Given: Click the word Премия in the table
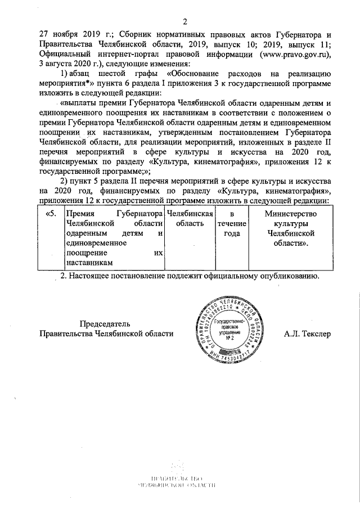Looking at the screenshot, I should (80, 214).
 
